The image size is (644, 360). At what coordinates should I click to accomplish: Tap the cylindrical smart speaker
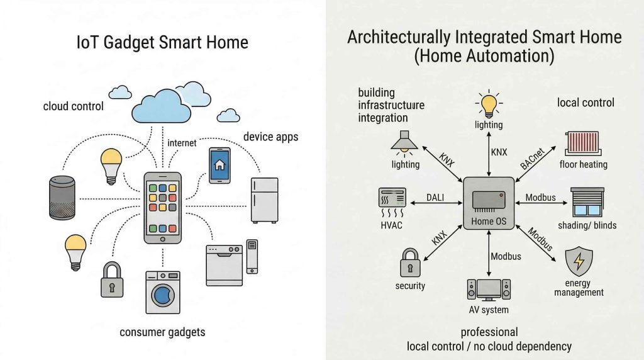coord(62,198)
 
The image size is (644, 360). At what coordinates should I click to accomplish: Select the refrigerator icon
coord(264,200)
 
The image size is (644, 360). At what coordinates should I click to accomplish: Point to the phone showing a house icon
coord(219,165)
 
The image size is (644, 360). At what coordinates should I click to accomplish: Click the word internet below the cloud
coord(182,143)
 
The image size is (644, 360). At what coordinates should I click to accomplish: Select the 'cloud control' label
coord(73,106)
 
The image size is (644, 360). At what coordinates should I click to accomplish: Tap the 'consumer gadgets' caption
coord(162,332)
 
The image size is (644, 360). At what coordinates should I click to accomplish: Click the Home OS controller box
coord(489,200)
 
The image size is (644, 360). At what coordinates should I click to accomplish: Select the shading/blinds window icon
coord(587,203)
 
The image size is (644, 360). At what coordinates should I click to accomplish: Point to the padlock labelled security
coord(410,262)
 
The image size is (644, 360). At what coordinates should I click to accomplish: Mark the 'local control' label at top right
coord(586,102)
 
